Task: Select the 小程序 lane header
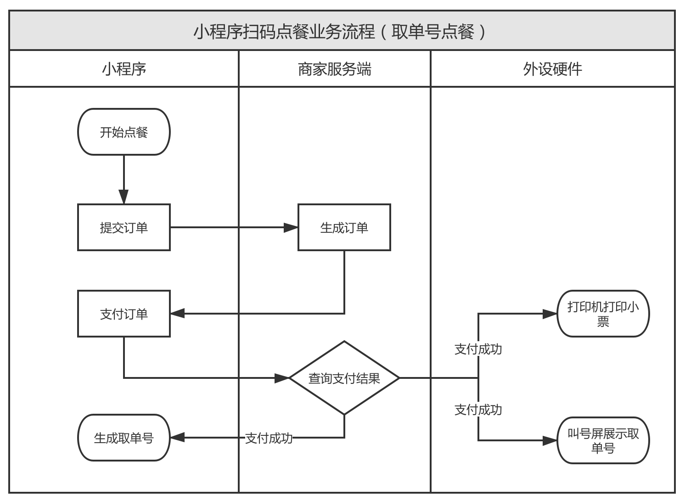pos(124,69)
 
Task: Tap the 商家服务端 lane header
pos(334,69)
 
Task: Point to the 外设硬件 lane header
pos(552,69)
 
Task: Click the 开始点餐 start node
pos(124,132)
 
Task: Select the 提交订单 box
pos(124,227)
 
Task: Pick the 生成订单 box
pos(344,227)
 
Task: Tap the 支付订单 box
pos(124,314)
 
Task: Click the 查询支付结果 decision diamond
pos(344,378)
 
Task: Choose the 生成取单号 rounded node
pos(124,438)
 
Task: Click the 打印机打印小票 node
pos(603,314)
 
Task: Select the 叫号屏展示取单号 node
pos(603,440)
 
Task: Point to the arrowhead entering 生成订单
pos(291,227)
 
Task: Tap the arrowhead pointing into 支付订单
pos(178,314)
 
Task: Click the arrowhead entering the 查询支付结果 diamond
pos(282,378)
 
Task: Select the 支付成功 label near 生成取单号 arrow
pos(269,438)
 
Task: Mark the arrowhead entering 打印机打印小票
pos(550,314)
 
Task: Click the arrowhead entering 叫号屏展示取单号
pos(550,440)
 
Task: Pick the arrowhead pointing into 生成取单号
pos(178,438)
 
